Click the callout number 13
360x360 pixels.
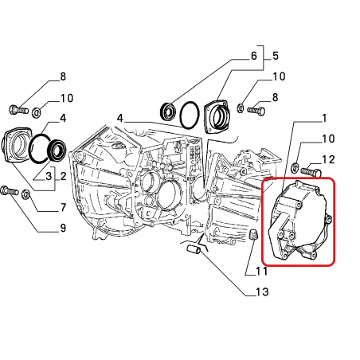(262, 292)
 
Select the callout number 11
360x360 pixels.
(261, 271)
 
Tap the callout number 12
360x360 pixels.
(328, 160)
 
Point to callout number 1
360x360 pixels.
(324, 119)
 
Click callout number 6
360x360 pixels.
(254, 56)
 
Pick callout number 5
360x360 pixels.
(276, 56)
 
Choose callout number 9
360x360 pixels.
(63, 228)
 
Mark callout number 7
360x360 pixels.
(63, 207)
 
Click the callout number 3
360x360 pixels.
(49, 176)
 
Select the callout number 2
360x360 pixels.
(63, 176)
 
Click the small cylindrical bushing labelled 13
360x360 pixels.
(194, 250)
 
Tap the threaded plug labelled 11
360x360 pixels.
(254, 234)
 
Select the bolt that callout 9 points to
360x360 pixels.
(10, 190)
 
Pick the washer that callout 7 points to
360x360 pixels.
(26, 194)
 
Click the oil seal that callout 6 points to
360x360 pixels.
(167, 110)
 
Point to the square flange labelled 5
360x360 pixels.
(217, 117)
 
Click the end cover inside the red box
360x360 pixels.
(299, 221)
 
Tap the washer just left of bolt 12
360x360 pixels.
(295, 167)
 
